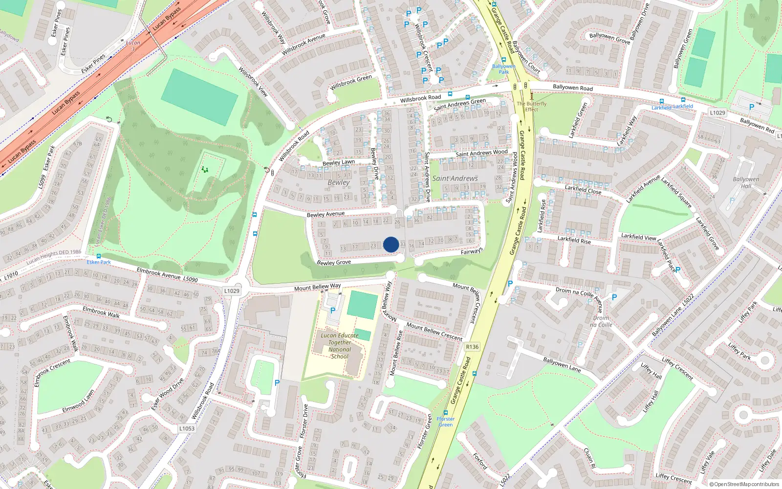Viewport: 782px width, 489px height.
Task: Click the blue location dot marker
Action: (391, 244)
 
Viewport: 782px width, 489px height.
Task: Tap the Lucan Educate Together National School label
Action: (340, 346)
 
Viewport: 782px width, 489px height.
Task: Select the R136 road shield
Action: (472, 347)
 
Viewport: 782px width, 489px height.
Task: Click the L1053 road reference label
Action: (187, 428)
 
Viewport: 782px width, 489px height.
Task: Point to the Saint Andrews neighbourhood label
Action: (455, 178)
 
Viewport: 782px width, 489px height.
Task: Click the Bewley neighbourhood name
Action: (339, 182)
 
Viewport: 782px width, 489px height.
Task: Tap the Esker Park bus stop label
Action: (99, 262)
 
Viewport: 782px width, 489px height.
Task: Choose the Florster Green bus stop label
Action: (445, 422)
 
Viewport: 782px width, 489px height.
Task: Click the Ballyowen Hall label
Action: (746, 182)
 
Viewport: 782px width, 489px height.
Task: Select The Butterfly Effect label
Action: (532, 107)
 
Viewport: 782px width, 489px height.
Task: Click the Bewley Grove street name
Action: (334, 263)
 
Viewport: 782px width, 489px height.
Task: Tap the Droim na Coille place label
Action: (601, 321)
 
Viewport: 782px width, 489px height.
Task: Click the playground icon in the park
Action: (205, 170)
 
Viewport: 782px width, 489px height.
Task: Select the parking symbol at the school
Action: (333, 310)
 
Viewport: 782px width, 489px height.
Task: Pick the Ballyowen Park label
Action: (503, 69)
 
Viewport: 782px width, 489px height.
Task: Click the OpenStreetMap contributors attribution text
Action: (744, 484)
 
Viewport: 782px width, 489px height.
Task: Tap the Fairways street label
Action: (472, 251)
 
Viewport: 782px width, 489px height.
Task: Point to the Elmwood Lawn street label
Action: (78, 401)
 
